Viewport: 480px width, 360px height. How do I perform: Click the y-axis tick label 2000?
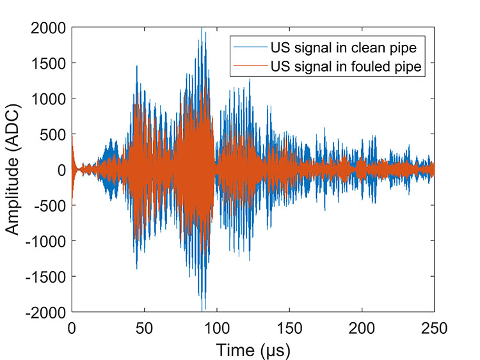tap(47, 27)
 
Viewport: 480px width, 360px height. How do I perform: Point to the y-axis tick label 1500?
tap(47, 63)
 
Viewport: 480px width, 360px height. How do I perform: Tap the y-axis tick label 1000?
tap(47, 98)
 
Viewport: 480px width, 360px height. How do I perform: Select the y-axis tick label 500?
tap(51, 134)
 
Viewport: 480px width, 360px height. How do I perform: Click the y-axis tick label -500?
tap(49, 205)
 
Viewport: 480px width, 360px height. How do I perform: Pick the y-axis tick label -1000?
tap(45, 241)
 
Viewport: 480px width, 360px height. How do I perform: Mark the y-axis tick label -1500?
tap(45, 276)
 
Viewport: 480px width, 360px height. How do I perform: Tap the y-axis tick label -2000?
tap(45, 312)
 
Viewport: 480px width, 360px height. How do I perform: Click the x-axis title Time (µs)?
tap(253, 350)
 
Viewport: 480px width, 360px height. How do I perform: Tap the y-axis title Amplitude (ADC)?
tap(14, 170)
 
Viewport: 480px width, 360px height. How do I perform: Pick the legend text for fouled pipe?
tap(348, 66)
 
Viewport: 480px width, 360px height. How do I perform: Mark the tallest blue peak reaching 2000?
tap(202, 29)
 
